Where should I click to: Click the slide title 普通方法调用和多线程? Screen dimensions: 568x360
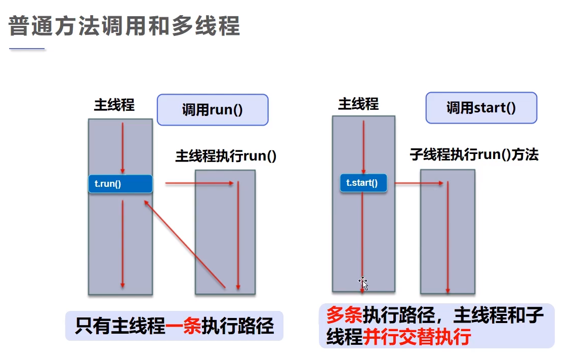[124, 26]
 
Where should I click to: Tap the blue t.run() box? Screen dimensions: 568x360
[120, 184]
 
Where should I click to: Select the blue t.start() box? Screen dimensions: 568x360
[363, 183]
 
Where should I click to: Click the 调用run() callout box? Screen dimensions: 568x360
[212, 110]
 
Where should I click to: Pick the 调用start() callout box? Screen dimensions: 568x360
[481, 108]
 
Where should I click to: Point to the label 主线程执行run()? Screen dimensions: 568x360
[226, 156]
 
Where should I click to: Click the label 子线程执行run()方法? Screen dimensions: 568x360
[474, 155]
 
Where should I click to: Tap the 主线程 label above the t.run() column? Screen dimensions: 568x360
[114, 105]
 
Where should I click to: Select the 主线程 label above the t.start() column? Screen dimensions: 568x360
[358, 104]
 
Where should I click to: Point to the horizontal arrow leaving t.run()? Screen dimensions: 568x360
[199, 183]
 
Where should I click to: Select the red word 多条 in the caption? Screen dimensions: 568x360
[344, 316]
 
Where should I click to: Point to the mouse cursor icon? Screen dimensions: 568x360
[363, 283]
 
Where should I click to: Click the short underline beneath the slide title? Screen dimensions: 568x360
[27, 49]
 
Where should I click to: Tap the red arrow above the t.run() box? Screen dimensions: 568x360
[122, 147]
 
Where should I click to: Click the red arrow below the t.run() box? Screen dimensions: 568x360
[122, 243]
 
